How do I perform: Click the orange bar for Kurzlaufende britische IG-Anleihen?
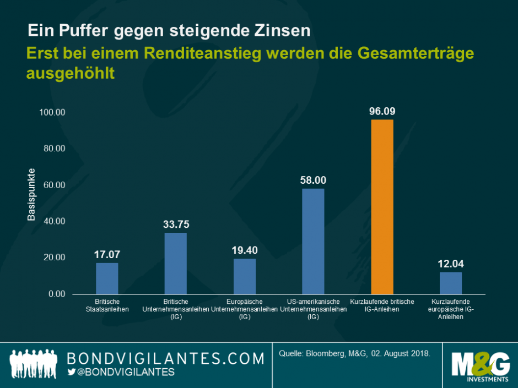[x=382, y=206]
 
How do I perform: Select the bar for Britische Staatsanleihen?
[x=107, y=278]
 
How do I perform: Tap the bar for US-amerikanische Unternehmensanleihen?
[x=313, y=241]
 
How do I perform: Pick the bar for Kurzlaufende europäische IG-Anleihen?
[x=451, y=283]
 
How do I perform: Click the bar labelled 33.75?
[x=175, y=263]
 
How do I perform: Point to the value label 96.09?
[x=382, y=111]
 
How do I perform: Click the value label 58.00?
[x=313, y=180]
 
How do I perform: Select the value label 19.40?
[x=245, y=250]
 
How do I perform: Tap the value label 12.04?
[x=451, y=264]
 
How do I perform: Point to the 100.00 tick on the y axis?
[x=52, y=112]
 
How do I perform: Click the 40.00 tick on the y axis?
[x=55, y=221]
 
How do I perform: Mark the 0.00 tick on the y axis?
[x=57, y=294]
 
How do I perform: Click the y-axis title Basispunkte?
[x=31, y=194]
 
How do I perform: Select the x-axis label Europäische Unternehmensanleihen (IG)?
[x=245, y=309]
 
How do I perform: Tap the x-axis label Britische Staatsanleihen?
[x=107, y=305]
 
